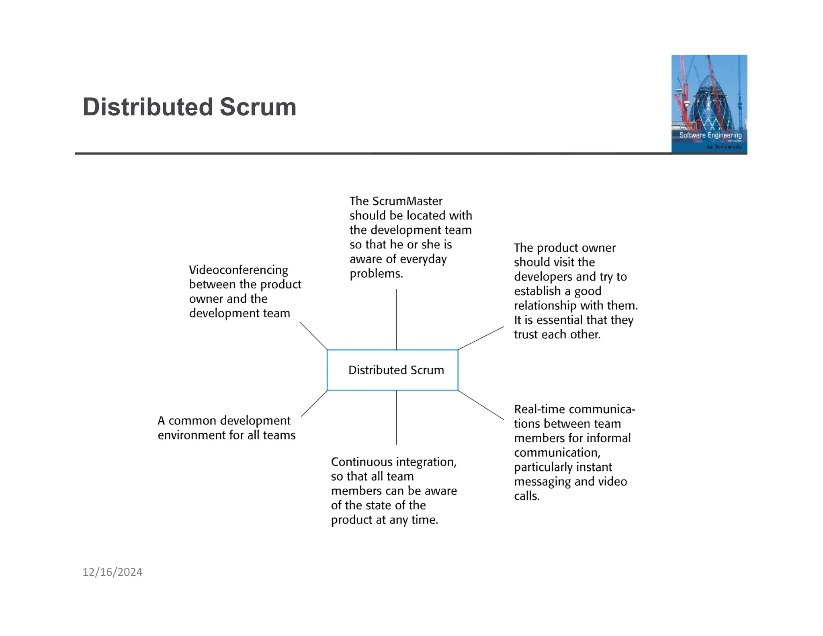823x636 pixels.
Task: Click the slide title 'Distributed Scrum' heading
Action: tap(189, 107)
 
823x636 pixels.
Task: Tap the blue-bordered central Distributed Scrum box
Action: tap(393, 370)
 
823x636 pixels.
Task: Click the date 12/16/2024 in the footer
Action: tap(112, 572)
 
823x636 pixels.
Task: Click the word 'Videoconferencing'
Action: tap(238, 270)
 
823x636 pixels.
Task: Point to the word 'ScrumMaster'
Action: tap(407, 201)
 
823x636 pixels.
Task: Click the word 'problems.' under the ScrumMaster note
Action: tap(376, 274)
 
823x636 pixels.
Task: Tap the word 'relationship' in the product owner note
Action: tap(545, 306)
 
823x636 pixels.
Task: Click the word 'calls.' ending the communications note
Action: tap(526, 496)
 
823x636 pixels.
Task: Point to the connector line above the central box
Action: tap(396, 319)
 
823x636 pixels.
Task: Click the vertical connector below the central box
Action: tap(396, 417)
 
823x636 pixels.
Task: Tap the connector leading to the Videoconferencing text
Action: tap(313, 336)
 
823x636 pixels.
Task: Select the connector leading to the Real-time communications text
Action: tap(481, 405)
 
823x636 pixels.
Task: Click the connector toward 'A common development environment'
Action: tap(314, 403)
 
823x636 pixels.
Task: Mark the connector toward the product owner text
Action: tap(481, 338)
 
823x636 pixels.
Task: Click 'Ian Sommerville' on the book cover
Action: tap(724, 147)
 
